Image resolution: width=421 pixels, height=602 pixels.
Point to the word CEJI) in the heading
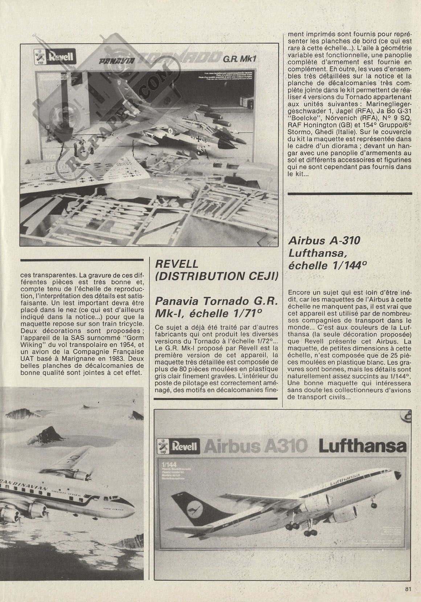tap(259, 277)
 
